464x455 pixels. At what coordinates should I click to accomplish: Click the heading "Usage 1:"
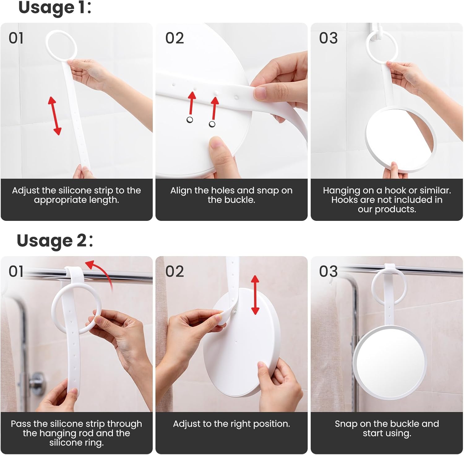(55, 7)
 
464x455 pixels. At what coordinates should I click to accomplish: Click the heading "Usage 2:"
(55, 241)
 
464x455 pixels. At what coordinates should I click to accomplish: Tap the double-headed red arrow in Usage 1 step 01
(54, 116)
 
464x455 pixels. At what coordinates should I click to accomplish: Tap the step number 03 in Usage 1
(329, 38)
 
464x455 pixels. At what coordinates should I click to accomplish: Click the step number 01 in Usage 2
(16, 272)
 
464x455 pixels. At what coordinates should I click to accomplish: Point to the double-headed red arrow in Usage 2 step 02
(255, 295)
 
